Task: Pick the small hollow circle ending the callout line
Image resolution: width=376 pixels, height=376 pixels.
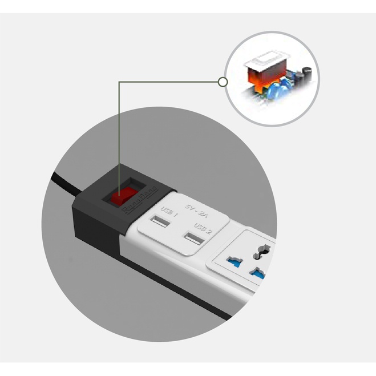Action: (x=223, y=82)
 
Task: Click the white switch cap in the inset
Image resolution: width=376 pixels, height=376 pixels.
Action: (x=269, y=59)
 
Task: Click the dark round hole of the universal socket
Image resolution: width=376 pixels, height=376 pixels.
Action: (x=264, y=249)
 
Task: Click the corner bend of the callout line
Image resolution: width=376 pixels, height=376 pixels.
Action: (x=119, y=82)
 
